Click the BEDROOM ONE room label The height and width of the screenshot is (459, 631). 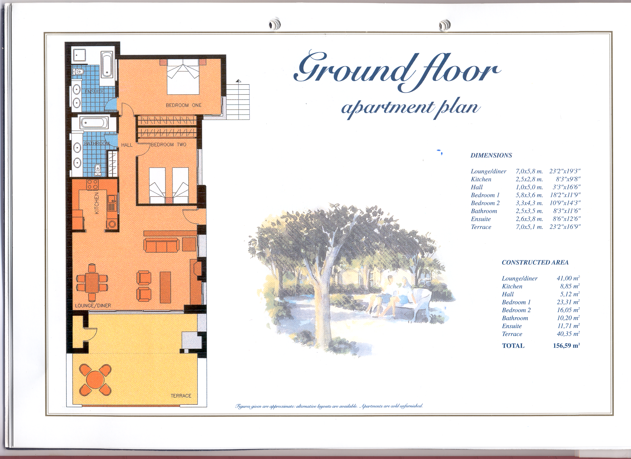point(183,105)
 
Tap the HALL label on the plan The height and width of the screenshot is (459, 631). point(126,145)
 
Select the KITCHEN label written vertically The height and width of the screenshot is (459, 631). point(97,203)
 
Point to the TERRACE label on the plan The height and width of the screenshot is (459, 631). point(181,396)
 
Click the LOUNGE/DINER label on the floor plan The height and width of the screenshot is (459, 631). point(93,306)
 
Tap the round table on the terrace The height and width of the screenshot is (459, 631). point(95,380)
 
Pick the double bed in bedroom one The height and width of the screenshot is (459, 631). point(183,77)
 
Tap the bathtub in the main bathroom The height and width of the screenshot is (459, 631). point(94,123)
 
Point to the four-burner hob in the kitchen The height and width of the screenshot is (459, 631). point(92,184)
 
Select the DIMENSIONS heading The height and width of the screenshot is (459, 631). point(491,156)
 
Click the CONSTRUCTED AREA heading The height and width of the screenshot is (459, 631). point(535,262)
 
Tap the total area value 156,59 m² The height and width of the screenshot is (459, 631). point(566,346)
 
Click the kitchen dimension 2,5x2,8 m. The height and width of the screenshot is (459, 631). point(529,179)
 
